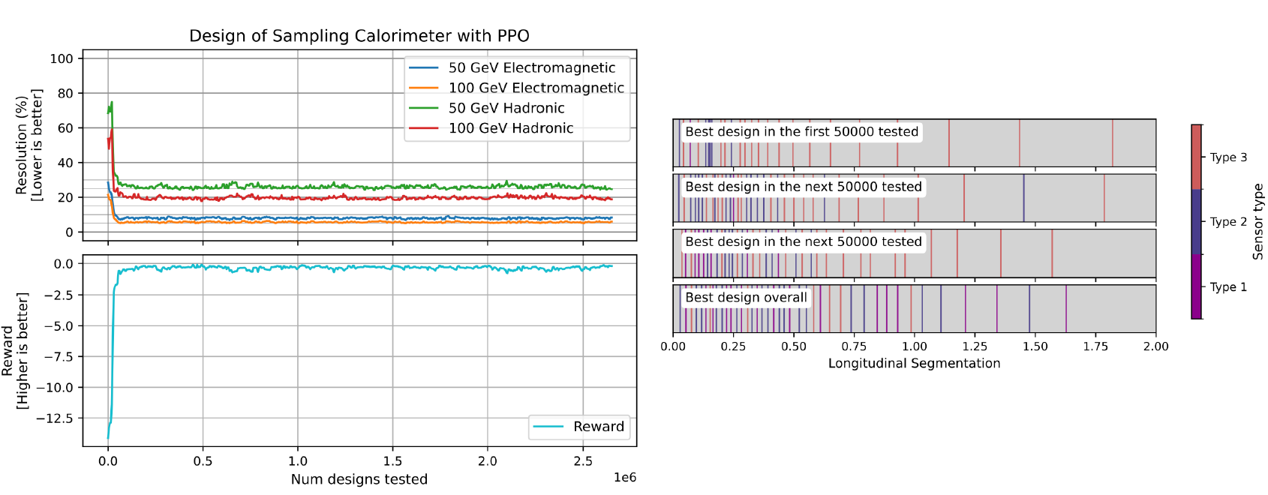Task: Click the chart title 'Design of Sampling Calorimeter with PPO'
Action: (x=359, y=36)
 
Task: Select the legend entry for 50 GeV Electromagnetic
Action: (x=531, y=67)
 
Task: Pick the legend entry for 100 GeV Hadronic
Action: (x=510, y=128)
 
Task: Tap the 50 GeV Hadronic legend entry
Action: (x=506, y=108)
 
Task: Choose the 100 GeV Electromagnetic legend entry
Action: (x=536, y=88)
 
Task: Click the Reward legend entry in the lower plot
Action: (x=598, y=427)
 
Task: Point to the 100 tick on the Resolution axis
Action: (x=62, y=58)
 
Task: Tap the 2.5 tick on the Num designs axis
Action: (x=582, y=461)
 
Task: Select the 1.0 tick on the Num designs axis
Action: (x=298, y=461)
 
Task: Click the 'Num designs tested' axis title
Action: (x=359, y=479)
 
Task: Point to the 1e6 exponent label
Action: (x=624, y=478)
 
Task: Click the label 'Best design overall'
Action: (x=746, y=298)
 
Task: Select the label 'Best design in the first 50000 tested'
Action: (x=801, y=132)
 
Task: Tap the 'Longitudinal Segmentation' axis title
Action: (x=914, y=364)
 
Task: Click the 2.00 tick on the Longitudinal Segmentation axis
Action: (x=1155, y=346)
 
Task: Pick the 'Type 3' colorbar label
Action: (x=1228, y=157)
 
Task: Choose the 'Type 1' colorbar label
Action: (x=1228, y=287)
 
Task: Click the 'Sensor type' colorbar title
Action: (x=1258, y=222)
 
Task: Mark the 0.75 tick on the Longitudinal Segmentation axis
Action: (x=854, y=346)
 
